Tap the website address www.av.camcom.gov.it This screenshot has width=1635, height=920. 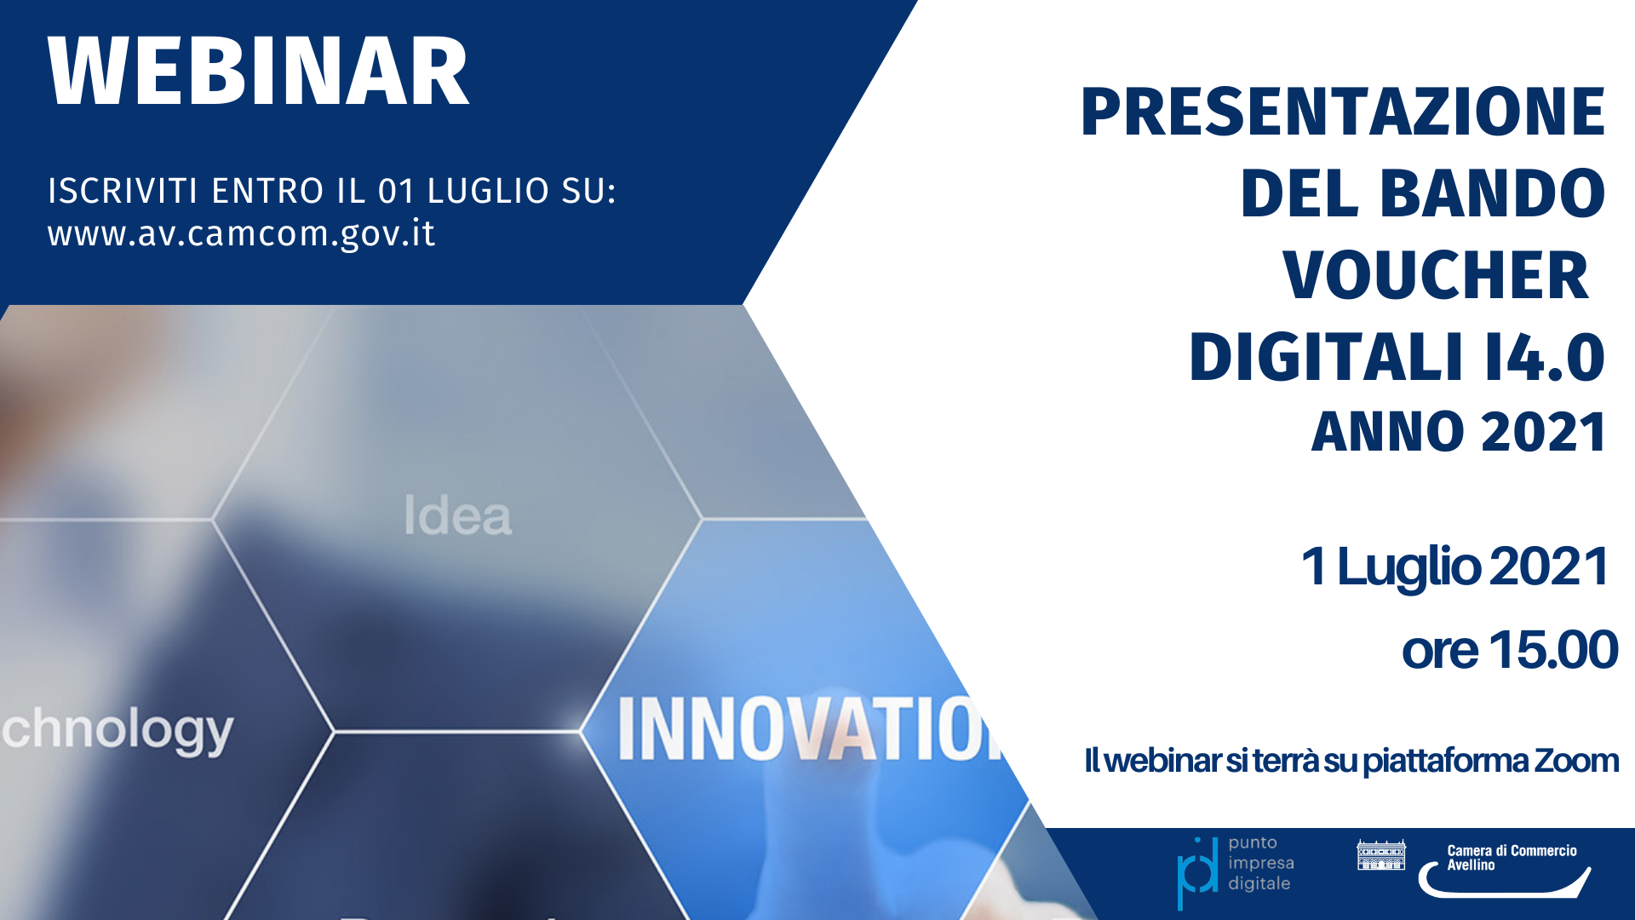point(242,233)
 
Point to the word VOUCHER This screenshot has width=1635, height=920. point(1436,275)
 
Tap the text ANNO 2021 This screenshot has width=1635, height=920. point(1459,432)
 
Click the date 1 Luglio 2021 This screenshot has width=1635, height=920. point(1454,567)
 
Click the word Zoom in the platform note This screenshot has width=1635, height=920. point(1576,761)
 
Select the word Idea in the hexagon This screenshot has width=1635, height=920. point(458,515)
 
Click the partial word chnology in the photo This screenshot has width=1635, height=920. point(117,731)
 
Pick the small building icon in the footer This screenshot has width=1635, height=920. point(1381,854)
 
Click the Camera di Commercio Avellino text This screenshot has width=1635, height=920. point(1512,858)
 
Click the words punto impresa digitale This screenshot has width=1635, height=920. point(1260,863)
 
